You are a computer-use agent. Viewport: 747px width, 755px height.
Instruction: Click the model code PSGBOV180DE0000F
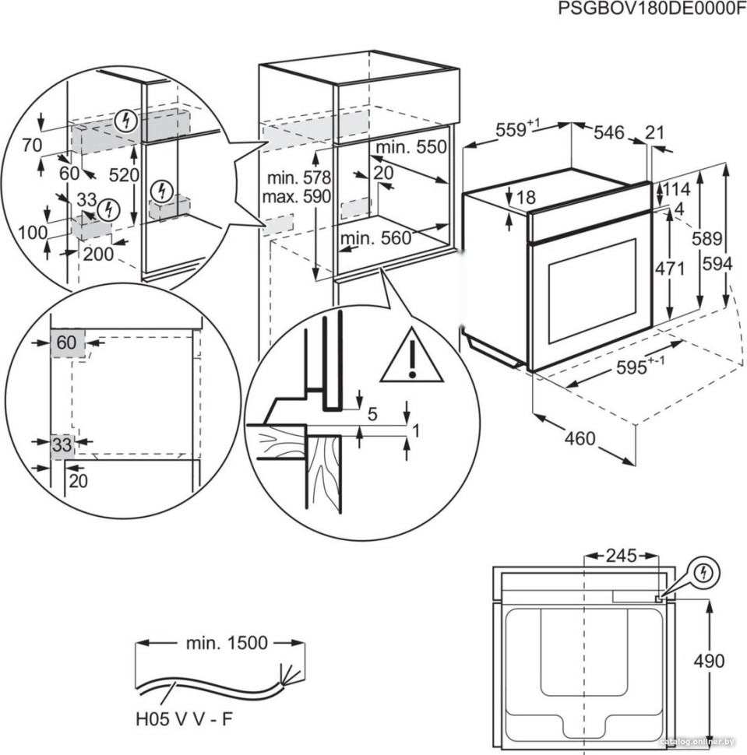point(647,9)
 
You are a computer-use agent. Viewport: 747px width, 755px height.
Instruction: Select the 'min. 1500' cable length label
point(227,643)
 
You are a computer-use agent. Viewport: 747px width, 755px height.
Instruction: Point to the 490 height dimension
point(708,662)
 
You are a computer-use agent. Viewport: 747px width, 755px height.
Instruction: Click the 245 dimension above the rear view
point(621,556)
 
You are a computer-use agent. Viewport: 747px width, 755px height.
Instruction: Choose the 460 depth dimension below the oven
point(580,438)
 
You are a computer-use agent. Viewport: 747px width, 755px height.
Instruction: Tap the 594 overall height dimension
point(717,265)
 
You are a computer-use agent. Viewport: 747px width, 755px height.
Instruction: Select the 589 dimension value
point(708,239)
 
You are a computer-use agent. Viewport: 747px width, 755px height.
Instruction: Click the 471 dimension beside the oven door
point(669,269)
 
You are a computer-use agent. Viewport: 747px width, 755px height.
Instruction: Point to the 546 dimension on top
point(608,133)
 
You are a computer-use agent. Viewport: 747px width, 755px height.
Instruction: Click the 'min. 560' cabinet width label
point(375,239)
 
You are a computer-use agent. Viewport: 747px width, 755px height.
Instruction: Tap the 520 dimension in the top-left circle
point(124,174)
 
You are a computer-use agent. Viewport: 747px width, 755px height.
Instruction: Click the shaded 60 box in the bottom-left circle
point(67,342)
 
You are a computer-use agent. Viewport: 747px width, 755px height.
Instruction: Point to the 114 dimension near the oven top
point(677,189)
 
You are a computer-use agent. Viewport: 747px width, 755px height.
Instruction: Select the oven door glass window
point(591,290)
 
